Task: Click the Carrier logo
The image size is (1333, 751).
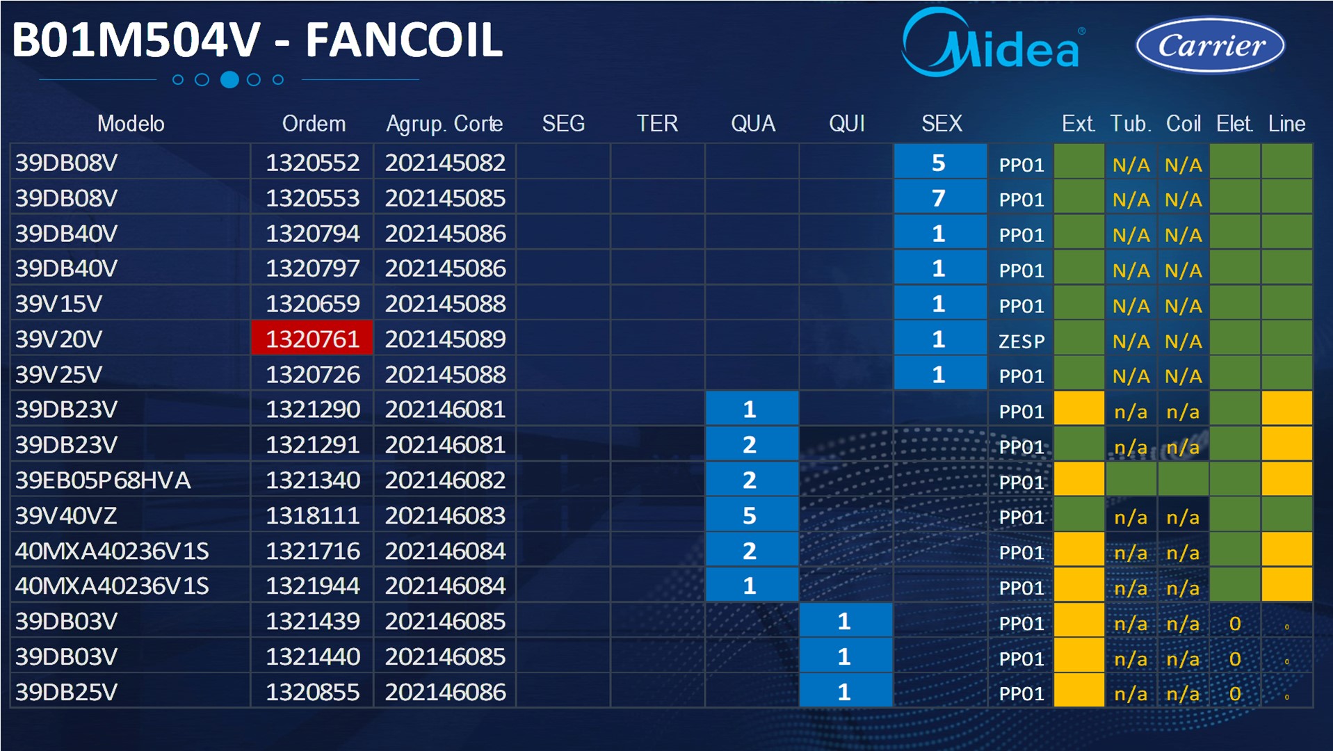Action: pyautogui.click(x=1211, y=45)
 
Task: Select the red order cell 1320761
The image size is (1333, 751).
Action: pyautogui.click(x=312, y=339)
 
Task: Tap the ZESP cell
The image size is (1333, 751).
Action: pyautogui.click(x=1021, y=341)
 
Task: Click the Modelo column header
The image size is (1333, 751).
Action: pyautogui.click(x=131, y=124)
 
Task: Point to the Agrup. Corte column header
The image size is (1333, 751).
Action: pyautogui.click(x=444, y=124)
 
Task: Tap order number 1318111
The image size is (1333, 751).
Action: pyautogui.click(x=312, y=515)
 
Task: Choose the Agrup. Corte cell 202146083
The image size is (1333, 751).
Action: pyautogui.click(x=445, y=515)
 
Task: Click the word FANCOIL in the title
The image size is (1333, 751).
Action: pyautogui.click(x=404, y=40)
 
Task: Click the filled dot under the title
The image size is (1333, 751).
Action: pyautogui.click(x=229, y=79)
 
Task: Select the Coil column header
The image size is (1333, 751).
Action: pyautogui.click(x=1183, y=124)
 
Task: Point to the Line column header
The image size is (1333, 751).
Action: pyautogui.click(x=1286, y=124)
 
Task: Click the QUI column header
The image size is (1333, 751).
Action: pyautogui.click(x=846, y=124)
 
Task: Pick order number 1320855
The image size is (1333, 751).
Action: pyautogui.click(x=312, y=692)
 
